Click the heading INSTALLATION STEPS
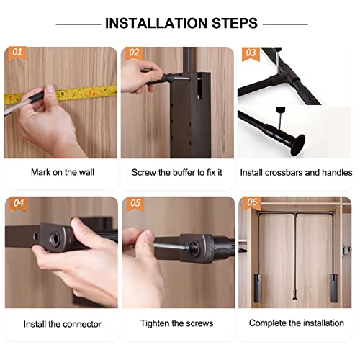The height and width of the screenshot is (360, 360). [181, 23]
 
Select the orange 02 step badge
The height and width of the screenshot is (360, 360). [134, 53]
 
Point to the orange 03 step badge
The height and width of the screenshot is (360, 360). [250, 53]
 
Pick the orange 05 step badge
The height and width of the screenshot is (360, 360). [134, 204]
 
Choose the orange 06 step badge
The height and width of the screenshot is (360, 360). [251, 204]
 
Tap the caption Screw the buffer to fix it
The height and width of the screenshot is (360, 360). [178, 173]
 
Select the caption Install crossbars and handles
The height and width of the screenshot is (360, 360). [296, 173]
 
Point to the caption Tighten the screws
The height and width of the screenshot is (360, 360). [178, 323]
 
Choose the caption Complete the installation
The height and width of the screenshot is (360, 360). [296, 323]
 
